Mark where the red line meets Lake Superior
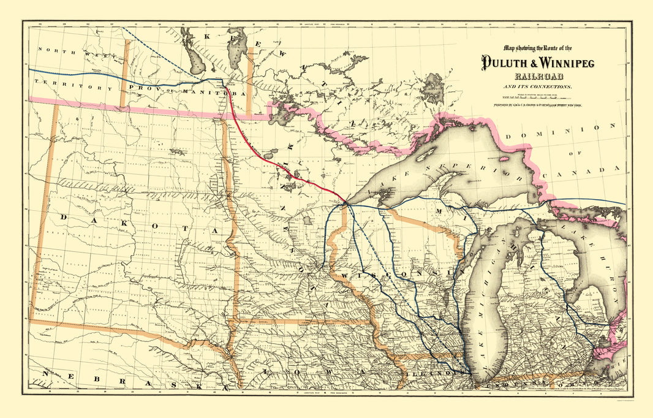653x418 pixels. tap(345, 202)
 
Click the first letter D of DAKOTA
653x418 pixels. tap(64, 218)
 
